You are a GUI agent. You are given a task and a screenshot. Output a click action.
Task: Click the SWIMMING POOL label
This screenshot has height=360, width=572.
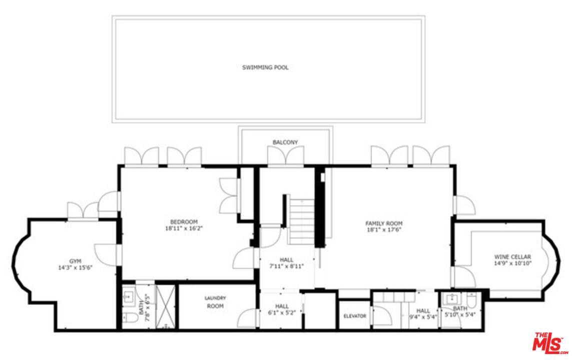(x=265, y=67)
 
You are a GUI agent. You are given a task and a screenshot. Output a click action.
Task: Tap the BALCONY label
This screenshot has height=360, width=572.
(x=285, y=142)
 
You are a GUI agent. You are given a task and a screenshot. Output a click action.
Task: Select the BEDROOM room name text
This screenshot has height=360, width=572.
(x=184, y=222)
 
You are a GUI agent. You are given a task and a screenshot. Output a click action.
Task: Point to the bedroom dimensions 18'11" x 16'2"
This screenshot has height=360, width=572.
(x=184, y=228)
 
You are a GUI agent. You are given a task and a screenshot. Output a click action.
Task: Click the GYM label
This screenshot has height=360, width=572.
(x=75, y=261)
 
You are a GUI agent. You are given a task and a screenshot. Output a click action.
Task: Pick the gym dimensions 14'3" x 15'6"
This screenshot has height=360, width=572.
(x=75, y=267)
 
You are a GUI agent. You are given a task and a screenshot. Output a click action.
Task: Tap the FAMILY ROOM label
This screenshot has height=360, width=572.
(x=384, y=223)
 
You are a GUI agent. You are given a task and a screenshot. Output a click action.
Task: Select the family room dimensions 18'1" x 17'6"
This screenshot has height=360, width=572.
(x=384, y=230)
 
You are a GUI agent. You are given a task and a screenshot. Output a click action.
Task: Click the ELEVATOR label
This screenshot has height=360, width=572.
(x=355, y=316)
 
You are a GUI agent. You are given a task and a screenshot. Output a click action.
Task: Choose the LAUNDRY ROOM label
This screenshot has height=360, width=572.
(x=215, y=302)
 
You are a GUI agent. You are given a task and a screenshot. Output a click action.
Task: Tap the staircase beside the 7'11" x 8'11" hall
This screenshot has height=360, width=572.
(x=302, y=221)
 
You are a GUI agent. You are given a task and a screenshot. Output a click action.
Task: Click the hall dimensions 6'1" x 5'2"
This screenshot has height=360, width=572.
(x=281, y=312)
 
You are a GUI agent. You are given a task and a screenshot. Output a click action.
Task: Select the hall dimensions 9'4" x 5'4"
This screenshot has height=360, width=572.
(x=423, y=316)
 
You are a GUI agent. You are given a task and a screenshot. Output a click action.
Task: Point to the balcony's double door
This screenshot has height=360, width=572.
(x=285, y=156)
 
